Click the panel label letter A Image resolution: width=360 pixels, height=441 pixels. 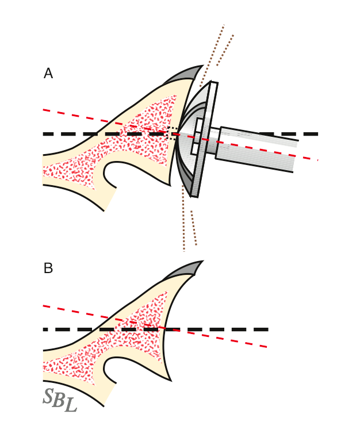tap(48, 74)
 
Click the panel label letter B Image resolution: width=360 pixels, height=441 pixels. tap(48, 269)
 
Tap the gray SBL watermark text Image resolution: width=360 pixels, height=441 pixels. tap(59, 400)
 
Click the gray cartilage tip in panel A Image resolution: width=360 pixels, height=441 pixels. tap(187, 74)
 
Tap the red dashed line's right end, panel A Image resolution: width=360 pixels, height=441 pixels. tap(317, 159)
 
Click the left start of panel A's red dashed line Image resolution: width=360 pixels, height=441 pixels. tap(44, 110)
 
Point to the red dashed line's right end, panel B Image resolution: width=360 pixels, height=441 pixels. tap(266, 347)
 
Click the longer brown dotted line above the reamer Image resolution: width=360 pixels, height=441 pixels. tap(213, 55)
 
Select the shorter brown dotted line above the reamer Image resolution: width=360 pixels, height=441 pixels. tap(225, 50)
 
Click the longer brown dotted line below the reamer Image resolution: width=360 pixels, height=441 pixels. tap(183, 218)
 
